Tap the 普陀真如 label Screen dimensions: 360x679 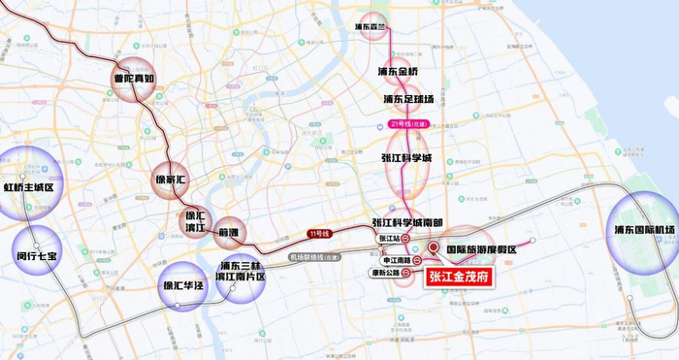coord(134,81)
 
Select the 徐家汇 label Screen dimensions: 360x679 coord(176,180)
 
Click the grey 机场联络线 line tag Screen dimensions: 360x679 coord(317,257)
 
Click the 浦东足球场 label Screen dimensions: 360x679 coord(407,99)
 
